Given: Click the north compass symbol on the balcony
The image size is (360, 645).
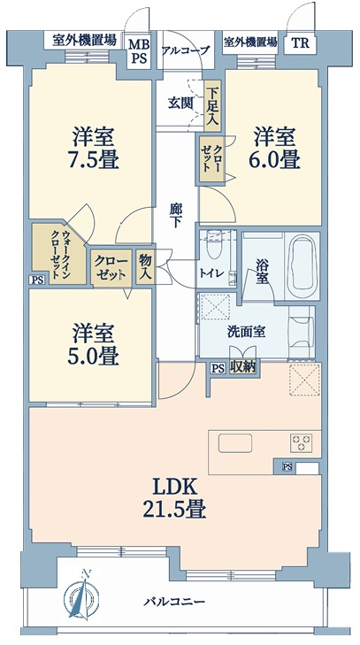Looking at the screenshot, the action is click(x=82, y=595).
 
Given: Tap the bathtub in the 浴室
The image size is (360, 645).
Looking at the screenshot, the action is click(x=302, y=266).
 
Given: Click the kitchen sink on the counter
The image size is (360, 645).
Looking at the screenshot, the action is click(x=235, y=443).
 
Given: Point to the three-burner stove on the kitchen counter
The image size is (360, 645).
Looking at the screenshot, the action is click(x=301, y=443).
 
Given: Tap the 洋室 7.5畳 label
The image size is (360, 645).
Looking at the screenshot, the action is click(x=93, y=148).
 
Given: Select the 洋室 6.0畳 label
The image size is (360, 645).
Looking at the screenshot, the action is click(x=273, y=148).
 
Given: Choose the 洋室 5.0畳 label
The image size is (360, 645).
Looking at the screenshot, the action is click(x=93, y=345).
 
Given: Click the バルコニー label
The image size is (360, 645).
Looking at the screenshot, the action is click(x=174, y=603).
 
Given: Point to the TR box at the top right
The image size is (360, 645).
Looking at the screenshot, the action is click(x=301, y=43).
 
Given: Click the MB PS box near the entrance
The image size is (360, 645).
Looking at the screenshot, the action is click(x=139, y=50).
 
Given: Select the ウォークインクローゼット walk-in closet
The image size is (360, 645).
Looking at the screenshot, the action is click(x=59, y=254).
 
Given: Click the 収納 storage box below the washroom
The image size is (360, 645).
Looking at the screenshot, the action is click(x=242, y=365).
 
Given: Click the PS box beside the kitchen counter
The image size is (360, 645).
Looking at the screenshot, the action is click(x=287, y=467).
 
